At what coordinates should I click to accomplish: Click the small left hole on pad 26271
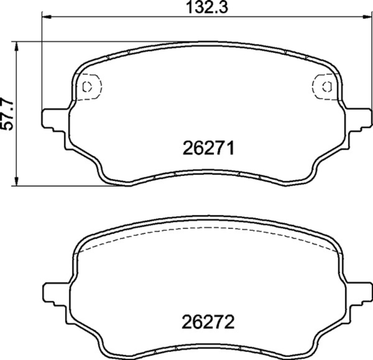click(x=88, y=86)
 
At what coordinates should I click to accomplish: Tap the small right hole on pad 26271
click(x=326, y=86)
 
